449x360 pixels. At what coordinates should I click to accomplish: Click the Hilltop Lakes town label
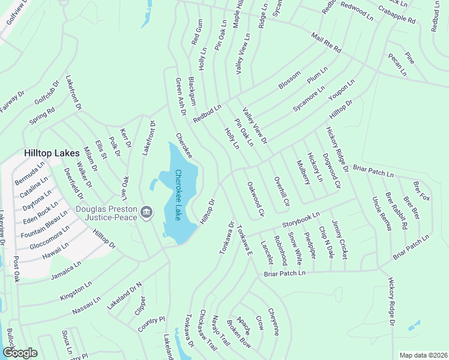(52, 154)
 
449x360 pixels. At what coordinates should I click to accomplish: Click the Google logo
(19, 353)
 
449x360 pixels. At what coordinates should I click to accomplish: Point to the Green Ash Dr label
(179, 93)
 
